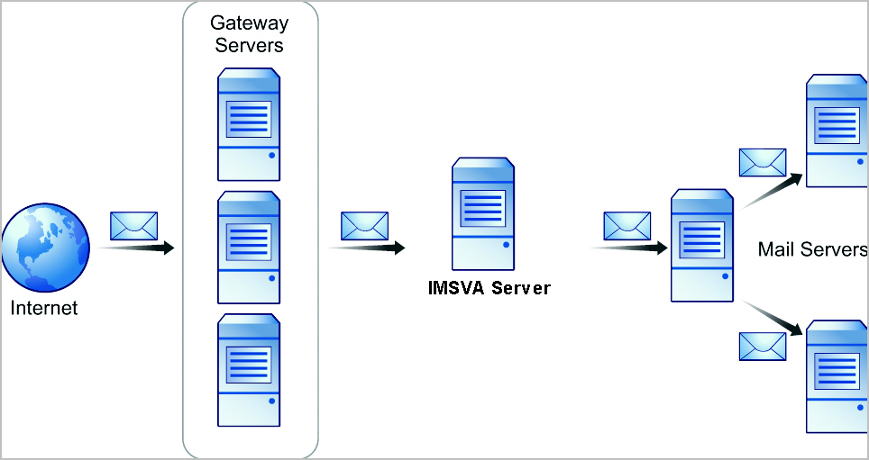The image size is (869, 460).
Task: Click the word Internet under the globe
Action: (x=44, y=309)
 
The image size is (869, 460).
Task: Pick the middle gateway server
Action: (x=250, y=248)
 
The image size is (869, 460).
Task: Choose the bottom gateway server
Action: (x=250, y=369)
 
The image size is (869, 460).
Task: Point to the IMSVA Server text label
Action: (x=489, y=289)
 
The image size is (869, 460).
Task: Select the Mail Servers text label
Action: (x=812, y=249)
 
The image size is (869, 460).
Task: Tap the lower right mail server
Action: (x=837, y=375)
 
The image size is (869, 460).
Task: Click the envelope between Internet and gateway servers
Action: (x=133, y=225)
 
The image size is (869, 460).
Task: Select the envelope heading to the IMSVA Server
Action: (x=364, y=225)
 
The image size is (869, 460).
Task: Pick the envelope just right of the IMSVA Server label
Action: (x=627, y=225)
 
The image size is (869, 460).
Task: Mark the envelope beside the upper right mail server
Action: (x=763, y=162)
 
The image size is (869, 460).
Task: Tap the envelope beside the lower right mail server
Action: (x=763, y=346)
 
